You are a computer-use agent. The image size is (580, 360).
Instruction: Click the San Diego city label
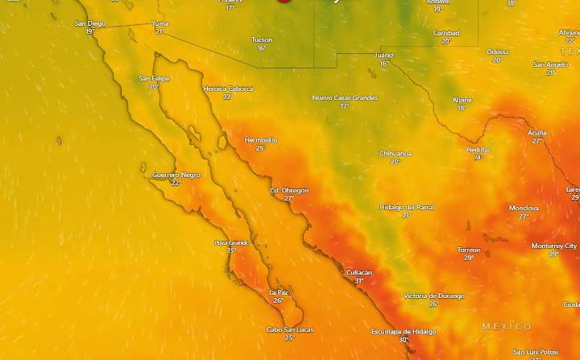click(89, 23)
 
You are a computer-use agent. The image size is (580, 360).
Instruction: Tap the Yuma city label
click(160, 23)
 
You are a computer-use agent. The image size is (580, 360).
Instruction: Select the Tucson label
click(262, 39)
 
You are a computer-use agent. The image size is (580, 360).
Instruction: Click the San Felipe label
click(154, 78)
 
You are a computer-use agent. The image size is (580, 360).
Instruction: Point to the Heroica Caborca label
click(227, 89)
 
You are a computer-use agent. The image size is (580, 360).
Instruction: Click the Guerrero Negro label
click(176, 175)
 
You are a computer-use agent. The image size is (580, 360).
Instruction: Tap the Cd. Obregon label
click(289, 190)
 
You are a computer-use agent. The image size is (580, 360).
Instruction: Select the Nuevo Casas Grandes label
click(345, 97)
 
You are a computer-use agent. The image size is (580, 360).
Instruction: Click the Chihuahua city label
click(396, 153)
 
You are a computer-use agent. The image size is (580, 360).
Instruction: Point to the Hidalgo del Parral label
click(407, 207)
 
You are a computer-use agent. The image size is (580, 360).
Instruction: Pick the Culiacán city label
click(358, 272)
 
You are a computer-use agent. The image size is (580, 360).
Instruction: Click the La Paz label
click(278, 292)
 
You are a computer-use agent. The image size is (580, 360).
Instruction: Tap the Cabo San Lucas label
click(290, 329)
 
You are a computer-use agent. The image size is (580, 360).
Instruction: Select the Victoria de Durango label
click(434, 296)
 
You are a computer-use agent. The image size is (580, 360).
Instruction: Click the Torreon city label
click(469, 250)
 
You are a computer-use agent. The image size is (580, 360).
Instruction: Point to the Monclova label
click(524, 208)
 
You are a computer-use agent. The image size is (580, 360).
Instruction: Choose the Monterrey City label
click(554, 246)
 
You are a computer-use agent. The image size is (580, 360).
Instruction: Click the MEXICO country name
click(507, 326)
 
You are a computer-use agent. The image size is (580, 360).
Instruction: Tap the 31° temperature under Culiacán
click(358, 281)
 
